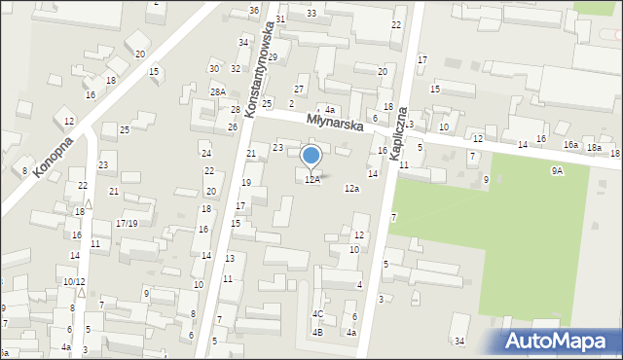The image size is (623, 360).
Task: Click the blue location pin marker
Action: (311, 157)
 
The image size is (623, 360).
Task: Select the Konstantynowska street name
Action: (258, 69)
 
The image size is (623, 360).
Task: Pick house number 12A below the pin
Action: (311, 179)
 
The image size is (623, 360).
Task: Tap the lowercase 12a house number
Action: (351, 189)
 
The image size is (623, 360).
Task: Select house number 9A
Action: (557, 170)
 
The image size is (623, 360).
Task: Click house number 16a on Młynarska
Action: (571, 144)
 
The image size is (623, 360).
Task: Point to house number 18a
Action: (594, 147)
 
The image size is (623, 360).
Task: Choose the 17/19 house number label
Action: (127, 223)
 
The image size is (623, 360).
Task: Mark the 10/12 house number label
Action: (74, 281)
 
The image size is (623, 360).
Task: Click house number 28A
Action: (218, 91)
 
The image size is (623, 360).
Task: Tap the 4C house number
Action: (317, 314)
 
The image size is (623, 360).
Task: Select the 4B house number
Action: (317, 333)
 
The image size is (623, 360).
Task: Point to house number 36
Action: (254, 10)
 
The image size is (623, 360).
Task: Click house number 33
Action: (311, 13)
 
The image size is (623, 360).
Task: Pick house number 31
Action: (280, 19)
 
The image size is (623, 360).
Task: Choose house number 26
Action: (233, 127)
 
